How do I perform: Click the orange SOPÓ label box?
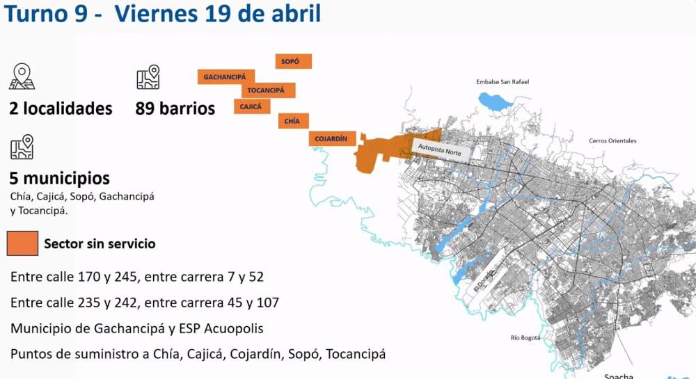[x=293, y=62]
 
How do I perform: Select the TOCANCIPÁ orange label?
[x=268, y=90]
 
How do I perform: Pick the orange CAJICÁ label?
[x=252, y=106]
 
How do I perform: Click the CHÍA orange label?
[x=292, y=121]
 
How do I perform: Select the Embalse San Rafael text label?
[x=503, y=82]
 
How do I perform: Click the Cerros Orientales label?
[x=612, y=140]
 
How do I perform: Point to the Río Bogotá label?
[x=525, y=338]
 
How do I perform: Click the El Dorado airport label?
[x=484, y=280]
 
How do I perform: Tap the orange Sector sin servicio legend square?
[x=22, y=243]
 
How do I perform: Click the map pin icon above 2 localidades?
[x=22, y=77]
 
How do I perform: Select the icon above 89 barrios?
[x=148, y=77]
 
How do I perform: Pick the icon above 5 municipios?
[x=22, y=147]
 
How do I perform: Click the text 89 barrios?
[x=175, y=108]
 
